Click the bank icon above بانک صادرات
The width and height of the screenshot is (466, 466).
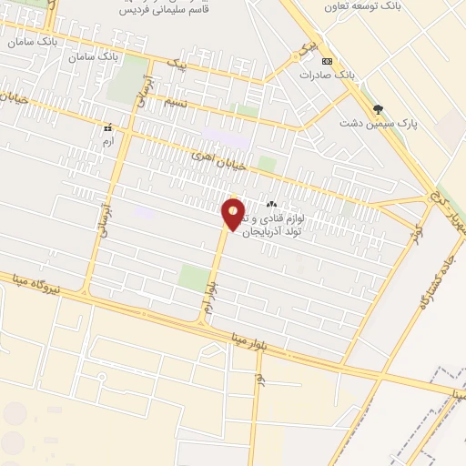328,61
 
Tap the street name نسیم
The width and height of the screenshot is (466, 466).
175,103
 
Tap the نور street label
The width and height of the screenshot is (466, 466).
260,377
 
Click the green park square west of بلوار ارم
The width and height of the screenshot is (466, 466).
193,277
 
